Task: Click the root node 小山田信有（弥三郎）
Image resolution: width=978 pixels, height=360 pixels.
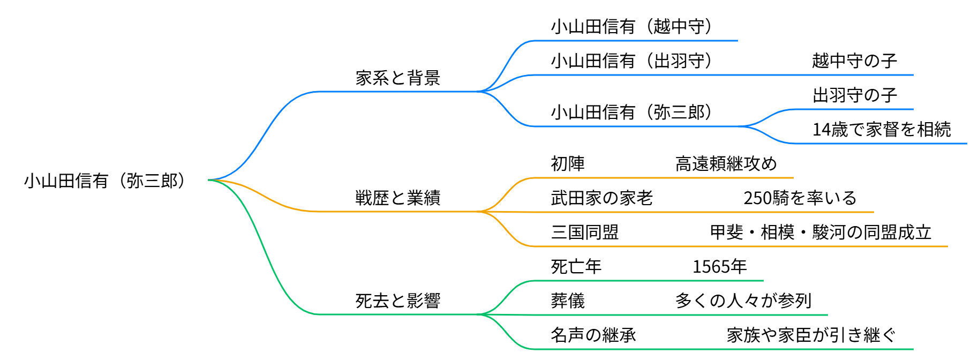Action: click(x=105, y=181)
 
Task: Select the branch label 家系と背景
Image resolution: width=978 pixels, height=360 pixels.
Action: click(x=397, y=78)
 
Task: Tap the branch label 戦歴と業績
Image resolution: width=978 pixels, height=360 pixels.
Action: click(x=397, y=198)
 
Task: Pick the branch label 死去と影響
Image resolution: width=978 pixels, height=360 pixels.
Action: click(x=397, y=301)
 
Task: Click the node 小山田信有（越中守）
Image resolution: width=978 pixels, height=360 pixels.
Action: click(x=631, y=27)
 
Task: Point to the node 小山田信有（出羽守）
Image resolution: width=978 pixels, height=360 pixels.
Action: click(x=631, y=61)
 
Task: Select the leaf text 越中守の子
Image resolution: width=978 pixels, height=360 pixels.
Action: click(x=854, y=61)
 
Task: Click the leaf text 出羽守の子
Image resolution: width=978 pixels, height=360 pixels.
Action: click(x=854, y=95)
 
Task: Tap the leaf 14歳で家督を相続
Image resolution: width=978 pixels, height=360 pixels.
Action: click(x=882, y=130)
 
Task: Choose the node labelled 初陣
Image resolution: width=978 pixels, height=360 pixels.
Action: click(x=568, y=164)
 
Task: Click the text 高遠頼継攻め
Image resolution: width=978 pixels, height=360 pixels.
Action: click(x=726, y=164)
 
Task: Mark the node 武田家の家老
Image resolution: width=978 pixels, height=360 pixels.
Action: click(x=602, y=198)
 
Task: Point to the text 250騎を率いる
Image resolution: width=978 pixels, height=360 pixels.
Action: click(x=800, y=198)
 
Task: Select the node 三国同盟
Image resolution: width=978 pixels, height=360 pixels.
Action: click(x=585, y=232)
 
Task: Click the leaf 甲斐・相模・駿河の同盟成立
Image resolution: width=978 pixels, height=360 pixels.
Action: click(x=821, y=232)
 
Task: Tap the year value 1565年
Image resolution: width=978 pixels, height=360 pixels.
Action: click(x=719, y=267)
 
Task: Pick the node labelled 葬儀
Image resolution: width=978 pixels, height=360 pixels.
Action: click(x=568, y=301)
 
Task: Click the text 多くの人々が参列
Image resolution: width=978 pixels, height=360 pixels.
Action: click(x=743, y=301)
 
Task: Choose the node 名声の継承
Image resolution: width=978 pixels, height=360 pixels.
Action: click(x=593, y=335)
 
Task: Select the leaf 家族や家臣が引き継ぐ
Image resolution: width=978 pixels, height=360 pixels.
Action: click(x=811, y=335)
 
